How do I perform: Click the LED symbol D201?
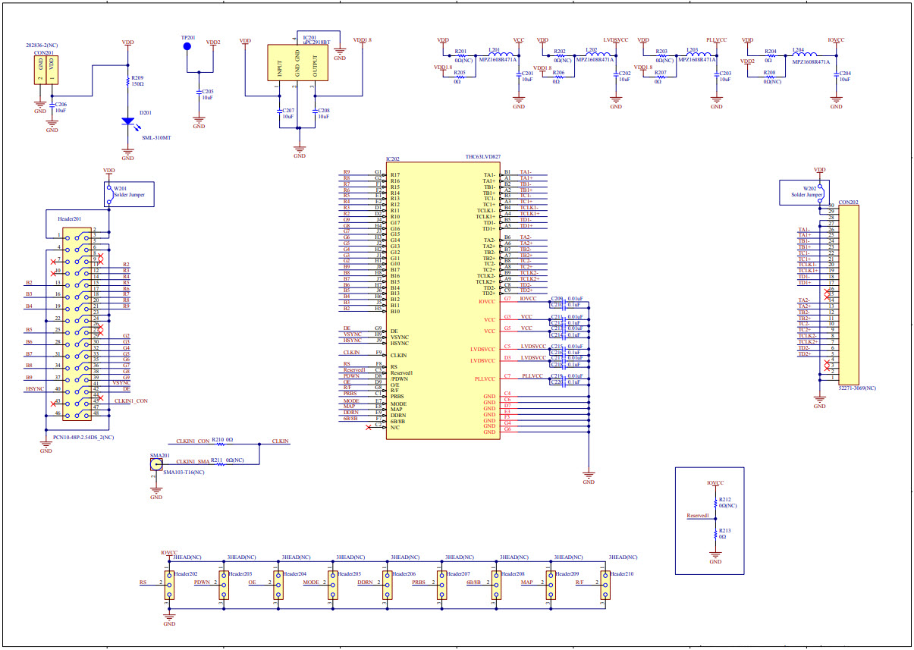tap(127, 121)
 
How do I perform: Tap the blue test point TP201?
tap(187, 47)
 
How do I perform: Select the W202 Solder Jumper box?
tap(802, 191)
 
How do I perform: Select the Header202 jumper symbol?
tap(169, 584)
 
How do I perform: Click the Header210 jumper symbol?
tap(605, 584)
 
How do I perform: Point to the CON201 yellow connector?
tap(46, 70)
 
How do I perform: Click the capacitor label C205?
tap(207, 91)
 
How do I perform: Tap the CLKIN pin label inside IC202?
tap(398, 354)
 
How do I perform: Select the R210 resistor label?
tap(217, 440)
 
